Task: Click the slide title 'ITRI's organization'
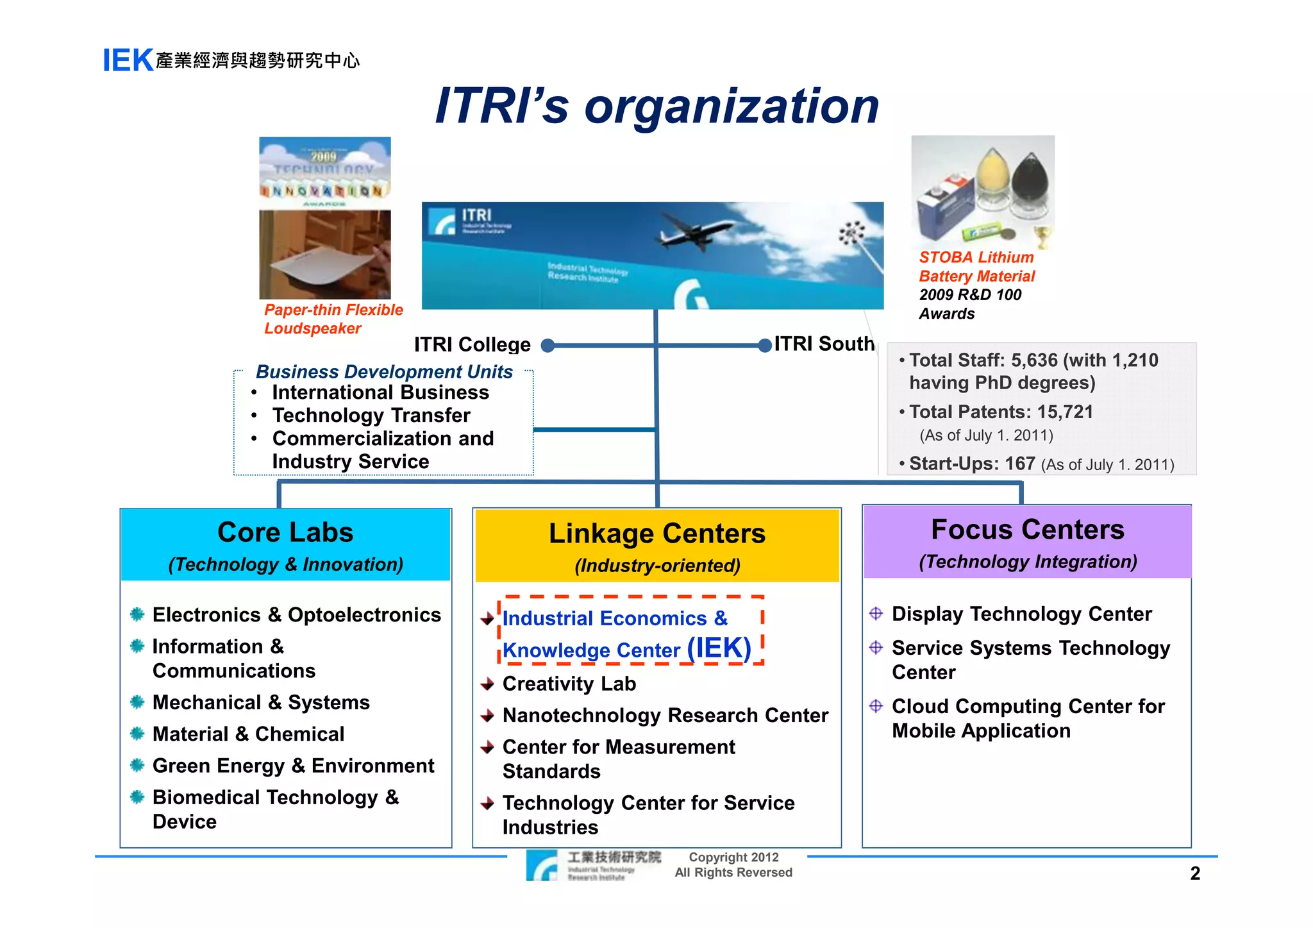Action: point(656,106)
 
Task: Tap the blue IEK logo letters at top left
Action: point(128,61)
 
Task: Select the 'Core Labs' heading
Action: point(285,532)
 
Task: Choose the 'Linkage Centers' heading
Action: point(657,534)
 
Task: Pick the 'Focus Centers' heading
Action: point(1027,530)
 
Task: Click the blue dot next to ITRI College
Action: point(548,346)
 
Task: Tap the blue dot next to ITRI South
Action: point(764,346)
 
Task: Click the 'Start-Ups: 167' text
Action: point(972,463)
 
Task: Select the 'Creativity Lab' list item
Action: point(569,684)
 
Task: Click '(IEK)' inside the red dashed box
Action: point(719,648)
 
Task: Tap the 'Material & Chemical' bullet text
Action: point(248,734)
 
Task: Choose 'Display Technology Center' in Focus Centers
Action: point(1021,614)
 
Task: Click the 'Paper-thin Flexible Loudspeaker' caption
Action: point(333,319)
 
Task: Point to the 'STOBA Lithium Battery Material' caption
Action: point(976,267)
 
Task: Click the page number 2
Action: point(1194,873)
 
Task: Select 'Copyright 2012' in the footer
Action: point(733,857)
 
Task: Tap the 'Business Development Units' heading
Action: point(384,372)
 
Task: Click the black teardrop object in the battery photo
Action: point(1030,176)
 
